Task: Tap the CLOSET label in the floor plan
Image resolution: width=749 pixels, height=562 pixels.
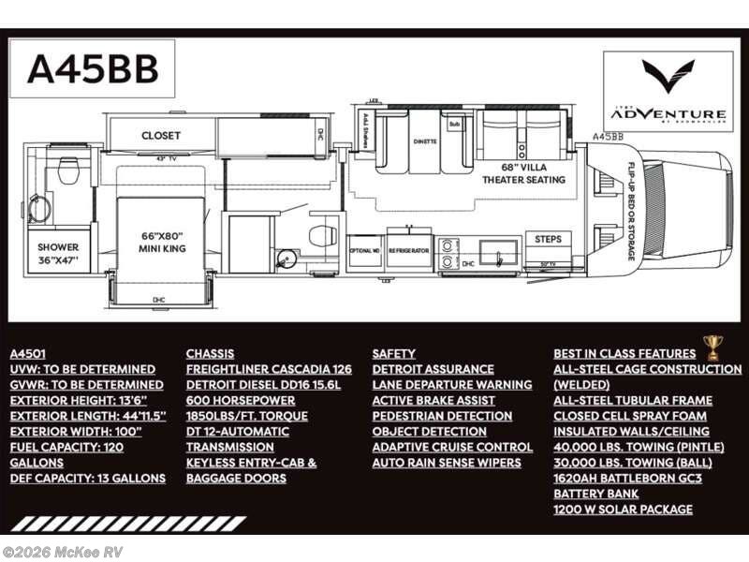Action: coord(161,136)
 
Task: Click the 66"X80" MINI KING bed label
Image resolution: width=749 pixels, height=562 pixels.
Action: coord(161,243)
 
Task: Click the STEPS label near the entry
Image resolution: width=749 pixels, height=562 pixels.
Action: coord(548,240)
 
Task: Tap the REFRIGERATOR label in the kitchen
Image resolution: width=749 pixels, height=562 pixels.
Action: coord(410,251)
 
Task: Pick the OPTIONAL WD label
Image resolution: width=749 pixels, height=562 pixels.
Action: coord(365,251)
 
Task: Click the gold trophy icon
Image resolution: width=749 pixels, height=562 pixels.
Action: coord(712,351)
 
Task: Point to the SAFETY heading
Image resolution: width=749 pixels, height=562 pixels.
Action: coord(394,354)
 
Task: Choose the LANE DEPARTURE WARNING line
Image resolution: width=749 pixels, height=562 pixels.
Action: coord(452,385)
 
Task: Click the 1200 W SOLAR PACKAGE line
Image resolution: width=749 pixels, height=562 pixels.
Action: coord(624,510)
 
